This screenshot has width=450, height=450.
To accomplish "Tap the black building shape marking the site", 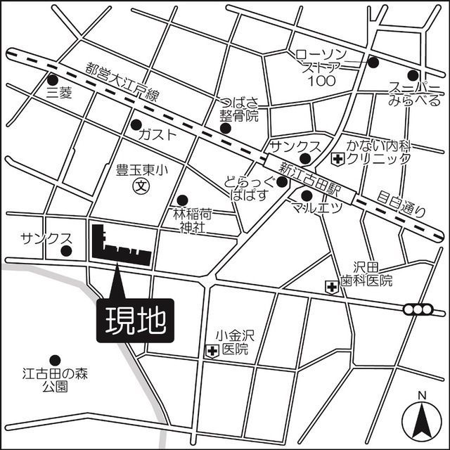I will click(x=105, y=246).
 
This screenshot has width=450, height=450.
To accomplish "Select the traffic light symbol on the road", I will click(x=418, y=309).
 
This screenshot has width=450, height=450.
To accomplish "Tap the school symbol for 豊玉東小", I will click(x=141, y=186).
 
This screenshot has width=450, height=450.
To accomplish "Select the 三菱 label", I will click(x=59, y=92).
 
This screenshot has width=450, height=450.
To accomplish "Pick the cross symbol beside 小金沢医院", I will click(x=210, y=349).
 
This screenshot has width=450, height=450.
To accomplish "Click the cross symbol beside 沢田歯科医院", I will click(x=331, y=286).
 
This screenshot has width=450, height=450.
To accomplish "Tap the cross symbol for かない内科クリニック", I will click(x=337, y=160).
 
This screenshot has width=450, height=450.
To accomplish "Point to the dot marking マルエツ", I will click(x=306, y=195).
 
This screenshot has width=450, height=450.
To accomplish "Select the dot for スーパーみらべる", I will click(x=413, y=75).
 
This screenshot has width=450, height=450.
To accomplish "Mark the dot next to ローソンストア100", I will click(x=373, y=62).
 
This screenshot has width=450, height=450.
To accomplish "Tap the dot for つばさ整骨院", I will click(x=225, y=128).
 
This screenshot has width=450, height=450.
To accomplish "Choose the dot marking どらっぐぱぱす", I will click(x=282, y=182).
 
